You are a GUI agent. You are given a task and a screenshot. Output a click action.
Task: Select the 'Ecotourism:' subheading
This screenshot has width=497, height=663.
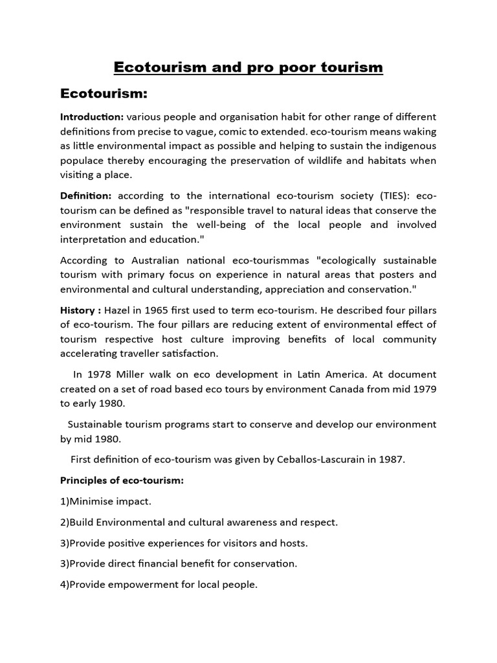coord(104,95)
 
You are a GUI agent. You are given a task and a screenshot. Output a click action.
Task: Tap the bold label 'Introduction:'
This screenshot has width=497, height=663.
coord(92,117)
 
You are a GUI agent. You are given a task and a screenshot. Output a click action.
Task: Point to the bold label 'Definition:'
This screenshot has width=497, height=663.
coord(86,196)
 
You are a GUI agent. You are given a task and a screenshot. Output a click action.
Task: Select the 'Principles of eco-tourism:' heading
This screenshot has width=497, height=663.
coord(122,480)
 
